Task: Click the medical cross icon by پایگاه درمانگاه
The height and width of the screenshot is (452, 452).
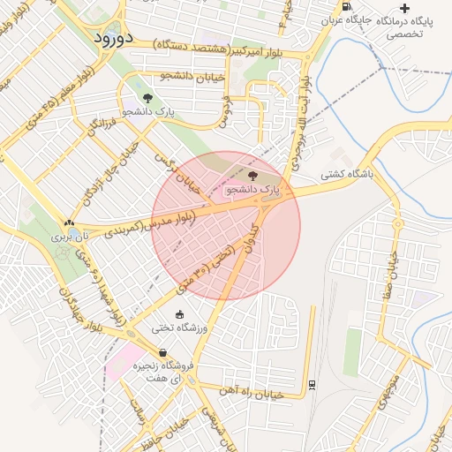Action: click(404, 8)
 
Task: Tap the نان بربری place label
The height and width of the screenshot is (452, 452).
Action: click(69, 237)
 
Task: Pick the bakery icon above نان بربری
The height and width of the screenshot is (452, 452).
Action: click(69, 222)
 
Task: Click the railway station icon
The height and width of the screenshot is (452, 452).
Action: click(312, 383)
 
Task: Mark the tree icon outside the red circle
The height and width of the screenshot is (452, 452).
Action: click(147, 98)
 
